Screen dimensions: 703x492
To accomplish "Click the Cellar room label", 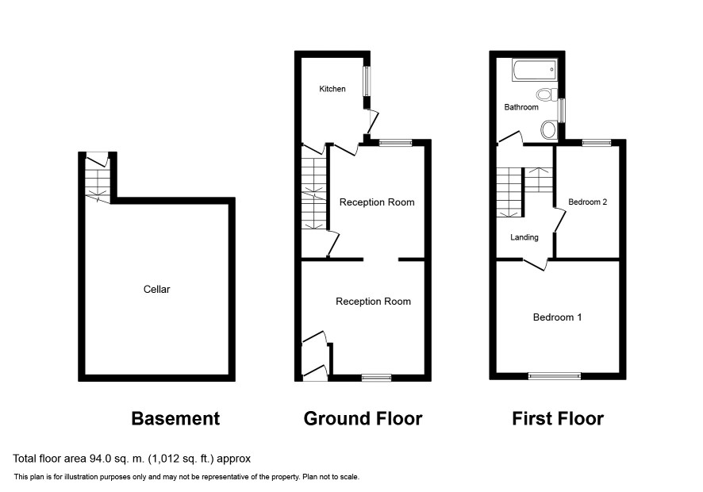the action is click(156, 290).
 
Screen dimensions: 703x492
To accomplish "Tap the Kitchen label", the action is click(332, 89).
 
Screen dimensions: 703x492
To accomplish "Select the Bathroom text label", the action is click(521, 107).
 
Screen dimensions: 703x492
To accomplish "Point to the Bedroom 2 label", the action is click(587, 202).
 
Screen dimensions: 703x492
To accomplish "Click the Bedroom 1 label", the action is click(557, 317).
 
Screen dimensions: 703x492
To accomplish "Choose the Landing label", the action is click(524, 237).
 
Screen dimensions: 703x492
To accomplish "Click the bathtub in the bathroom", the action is click(535, 70).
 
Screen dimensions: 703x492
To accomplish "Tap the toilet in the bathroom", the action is click(547, 94).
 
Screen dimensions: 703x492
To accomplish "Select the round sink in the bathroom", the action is click(548, 129).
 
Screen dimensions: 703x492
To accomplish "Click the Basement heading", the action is click(176, 418).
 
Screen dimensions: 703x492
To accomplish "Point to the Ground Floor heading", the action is click(363, 418).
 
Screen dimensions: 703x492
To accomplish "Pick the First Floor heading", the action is click(558, 418).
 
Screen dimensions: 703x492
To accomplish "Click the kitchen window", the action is click(367, 81).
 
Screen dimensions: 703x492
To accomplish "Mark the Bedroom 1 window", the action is click(555, 376).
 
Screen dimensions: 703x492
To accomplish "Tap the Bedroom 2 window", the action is click(597, 143).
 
